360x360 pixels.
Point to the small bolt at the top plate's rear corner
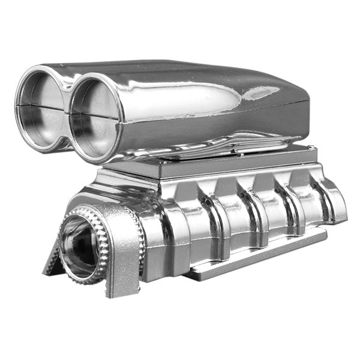(311, 148)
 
